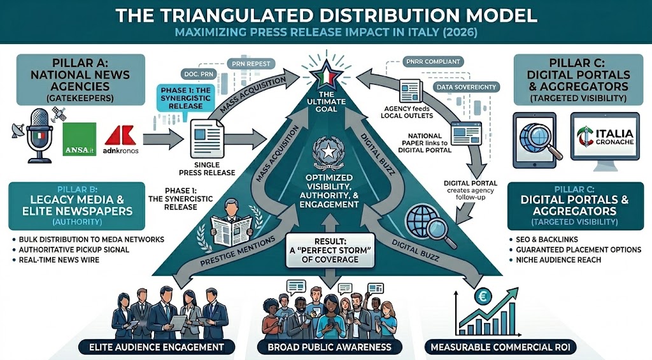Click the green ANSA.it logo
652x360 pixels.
(x=80, y=139)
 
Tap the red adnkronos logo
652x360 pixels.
(x=119, y=138)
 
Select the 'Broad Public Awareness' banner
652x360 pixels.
(x=327, y=347)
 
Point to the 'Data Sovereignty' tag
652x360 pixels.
(x=463, y=86)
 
